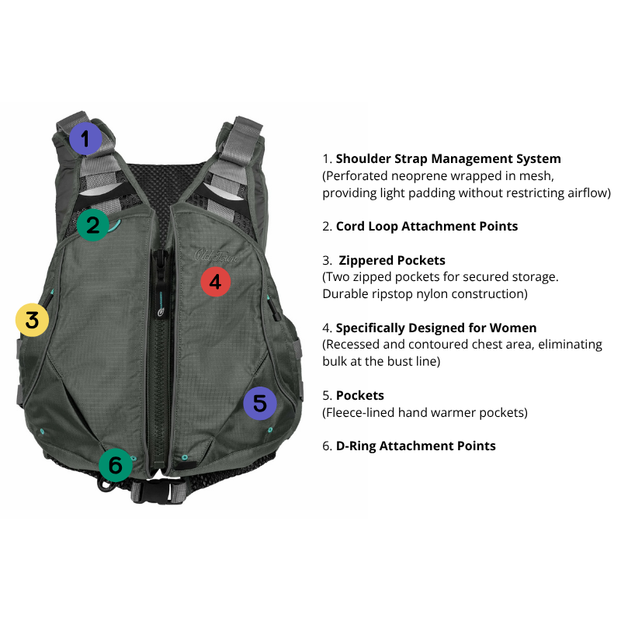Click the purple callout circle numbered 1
(x=85, y=140)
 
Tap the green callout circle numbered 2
(x=93, y=224)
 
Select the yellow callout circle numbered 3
(x=32, y=319)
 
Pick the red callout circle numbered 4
(x=216, y=282)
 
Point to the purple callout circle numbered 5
(x=259, y=404)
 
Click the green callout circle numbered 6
(x=115, y=465)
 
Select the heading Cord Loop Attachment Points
(x=426, y=227)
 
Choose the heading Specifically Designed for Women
(x=435, y=328)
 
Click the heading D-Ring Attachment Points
(x=415, y=446)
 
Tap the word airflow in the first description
(x=586, y=193)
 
